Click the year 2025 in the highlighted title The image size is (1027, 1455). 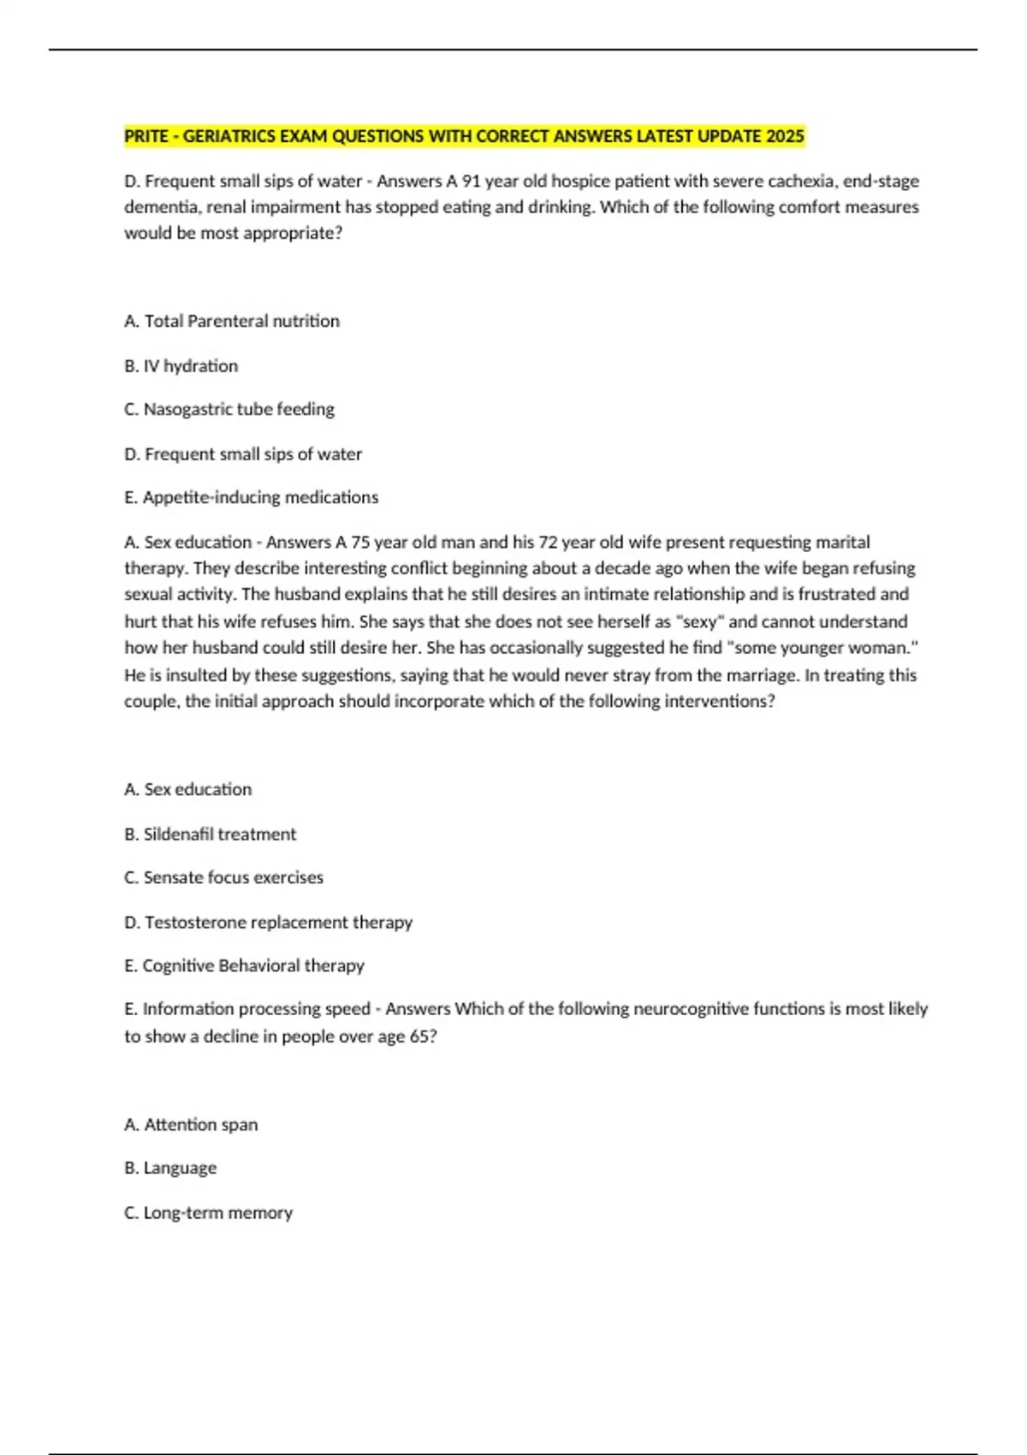785,136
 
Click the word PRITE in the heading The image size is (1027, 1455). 145,136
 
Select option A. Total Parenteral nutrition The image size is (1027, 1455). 232,321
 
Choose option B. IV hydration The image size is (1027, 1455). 181,366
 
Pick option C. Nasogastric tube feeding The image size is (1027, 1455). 229,409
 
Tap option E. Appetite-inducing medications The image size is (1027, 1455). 252,497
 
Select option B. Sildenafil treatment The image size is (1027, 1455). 211,834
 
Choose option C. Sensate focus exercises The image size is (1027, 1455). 224,877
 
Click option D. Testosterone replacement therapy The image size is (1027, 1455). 269,923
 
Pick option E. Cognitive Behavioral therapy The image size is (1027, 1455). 245,965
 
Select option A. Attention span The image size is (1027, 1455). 191,1125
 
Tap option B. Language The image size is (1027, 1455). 170,1168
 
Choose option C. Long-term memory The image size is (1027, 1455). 209,1213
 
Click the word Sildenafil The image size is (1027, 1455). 178,834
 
